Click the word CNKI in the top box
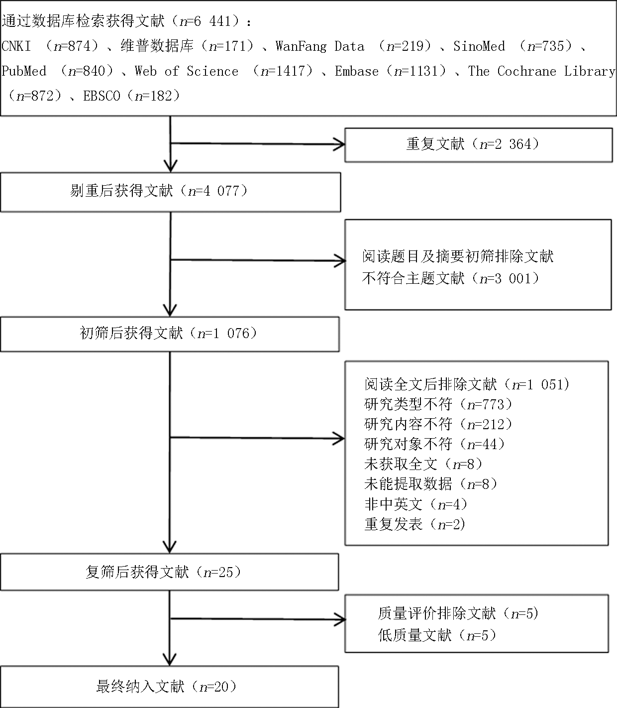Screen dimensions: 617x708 pyautogui.click(x=16, y=46)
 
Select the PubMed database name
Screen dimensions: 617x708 pyautogui.click(x=24, y=71)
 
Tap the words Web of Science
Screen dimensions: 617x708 pyautogui.click(x=187, y=71)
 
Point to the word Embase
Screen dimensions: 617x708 pyautogui.click(x=357, y=71)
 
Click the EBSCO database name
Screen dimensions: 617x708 pyautogui.click(x=102, y=96)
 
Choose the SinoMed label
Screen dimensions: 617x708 pyautogui.click(x=479, y=46)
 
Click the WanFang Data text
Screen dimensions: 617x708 pyautogui.click(x=320, y=46)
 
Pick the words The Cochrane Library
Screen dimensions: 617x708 pyautogui.click(x=541, y=71)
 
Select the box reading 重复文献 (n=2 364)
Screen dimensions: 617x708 pyautogui.click(x=479, y=145)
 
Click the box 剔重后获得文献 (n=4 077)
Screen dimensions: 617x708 pyautogui.click(x=171, y=192)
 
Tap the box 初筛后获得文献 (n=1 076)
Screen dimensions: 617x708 pyautogui.click(x=170, y=334)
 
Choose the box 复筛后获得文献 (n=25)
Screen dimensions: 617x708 pyautogui.click(x=170, y=572)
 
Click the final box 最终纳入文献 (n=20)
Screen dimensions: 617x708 pyautogui.click(x=170, y=687)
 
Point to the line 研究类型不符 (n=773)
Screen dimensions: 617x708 pyautogui.click(x=438, y=404)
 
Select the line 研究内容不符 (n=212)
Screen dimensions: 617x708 pyautogui.click(x=438, y=424)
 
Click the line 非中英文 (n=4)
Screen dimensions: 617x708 pyautogui.click(x=416, y=504)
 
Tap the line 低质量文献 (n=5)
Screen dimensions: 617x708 pyautogui.click(x=437, y=635)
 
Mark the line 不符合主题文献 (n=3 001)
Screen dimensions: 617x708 pyautogui.click(x=451, y=278)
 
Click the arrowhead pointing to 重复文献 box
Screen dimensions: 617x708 pyautogui.click(x=339, y=144)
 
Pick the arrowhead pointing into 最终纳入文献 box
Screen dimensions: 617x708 pyautogui.click(x=170, y=660)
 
